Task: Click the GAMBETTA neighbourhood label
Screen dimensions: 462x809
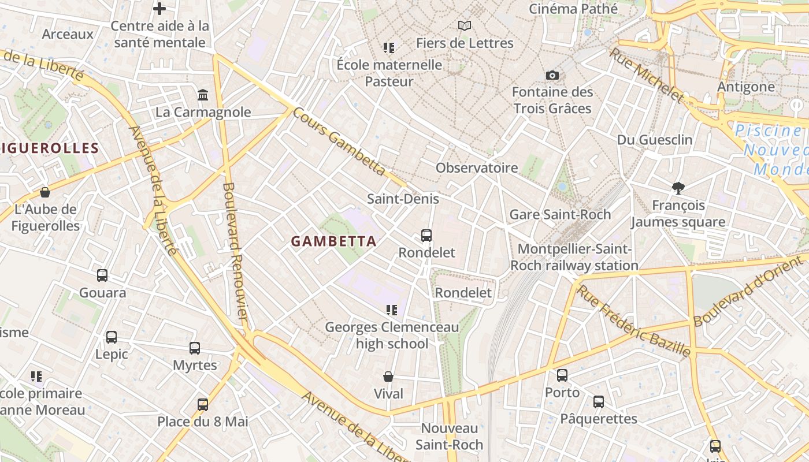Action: (333, 241)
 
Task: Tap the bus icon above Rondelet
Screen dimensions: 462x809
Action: (426, 236)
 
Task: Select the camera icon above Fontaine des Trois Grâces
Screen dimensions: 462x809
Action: (552, 75)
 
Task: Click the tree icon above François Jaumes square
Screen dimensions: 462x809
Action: (678, 188)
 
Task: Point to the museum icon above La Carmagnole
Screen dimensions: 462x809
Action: (203, 95)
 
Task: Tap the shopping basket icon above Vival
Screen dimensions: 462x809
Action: (388, 377)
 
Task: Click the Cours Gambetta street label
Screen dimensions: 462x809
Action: (339, 141)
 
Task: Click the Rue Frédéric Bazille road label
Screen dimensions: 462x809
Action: (634, 321)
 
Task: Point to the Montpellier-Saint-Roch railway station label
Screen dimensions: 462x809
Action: (574, 257)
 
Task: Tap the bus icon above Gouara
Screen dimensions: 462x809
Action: (102, 275)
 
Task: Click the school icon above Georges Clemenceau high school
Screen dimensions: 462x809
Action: (392, 310)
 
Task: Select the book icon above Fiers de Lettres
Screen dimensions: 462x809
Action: (465, 25)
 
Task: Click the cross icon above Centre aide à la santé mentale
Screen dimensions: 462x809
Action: (159, 9)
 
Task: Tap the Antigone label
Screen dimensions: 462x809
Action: (745, 87)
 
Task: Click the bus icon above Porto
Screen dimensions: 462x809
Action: (562, 375)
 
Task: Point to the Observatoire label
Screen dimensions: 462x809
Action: (477, 168)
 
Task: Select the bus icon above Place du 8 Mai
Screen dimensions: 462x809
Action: (203, 404)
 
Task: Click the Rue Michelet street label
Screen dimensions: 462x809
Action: (647, 74)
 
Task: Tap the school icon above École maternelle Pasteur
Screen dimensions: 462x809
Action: (389, 47)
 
